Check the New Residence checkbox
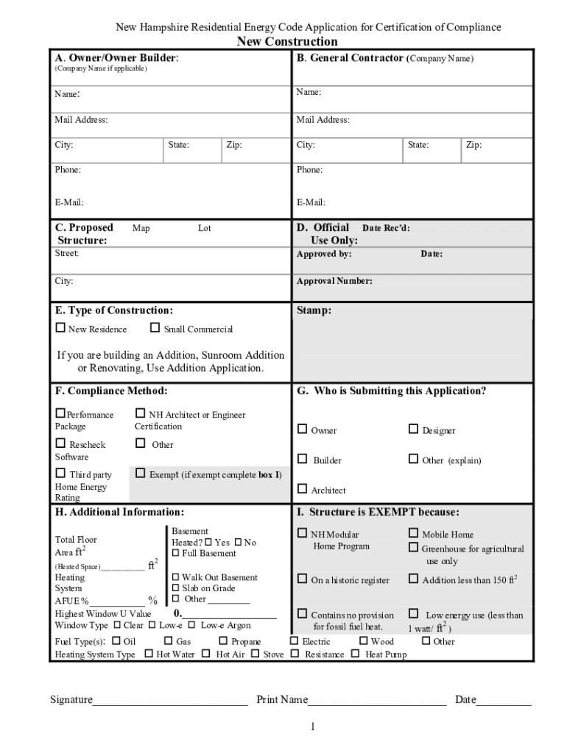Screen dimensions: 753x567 point(60,329)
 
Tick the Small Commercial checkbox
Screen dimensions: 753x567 point(155,329)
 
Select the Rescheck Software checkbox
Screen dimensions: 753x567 point(60,443)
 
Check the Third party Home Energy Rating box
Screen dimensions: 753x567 point(60,474)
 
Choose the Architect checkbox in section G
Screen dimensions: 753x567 point(302,489)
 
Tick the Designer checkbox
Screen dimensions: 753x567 point(413,429)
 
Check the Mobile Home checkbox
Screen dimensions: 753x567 point(413,534)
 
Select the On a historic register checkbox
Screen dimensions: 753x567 point(302,579)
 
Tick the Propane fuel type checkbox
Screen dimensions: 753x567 point(223,641)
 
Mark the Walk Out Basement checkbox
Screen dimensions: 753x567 point(175,577)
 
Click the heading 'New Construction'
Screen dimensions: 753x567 point(287,42)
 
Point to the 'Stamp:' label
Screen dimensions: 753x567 point(314,310)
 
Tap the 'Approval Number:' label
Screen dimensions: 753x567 point(334,281)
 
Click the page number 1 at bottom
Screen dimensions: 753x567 point(312,727)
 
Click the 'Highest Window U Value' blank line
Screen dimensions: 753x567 point(228,615)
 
